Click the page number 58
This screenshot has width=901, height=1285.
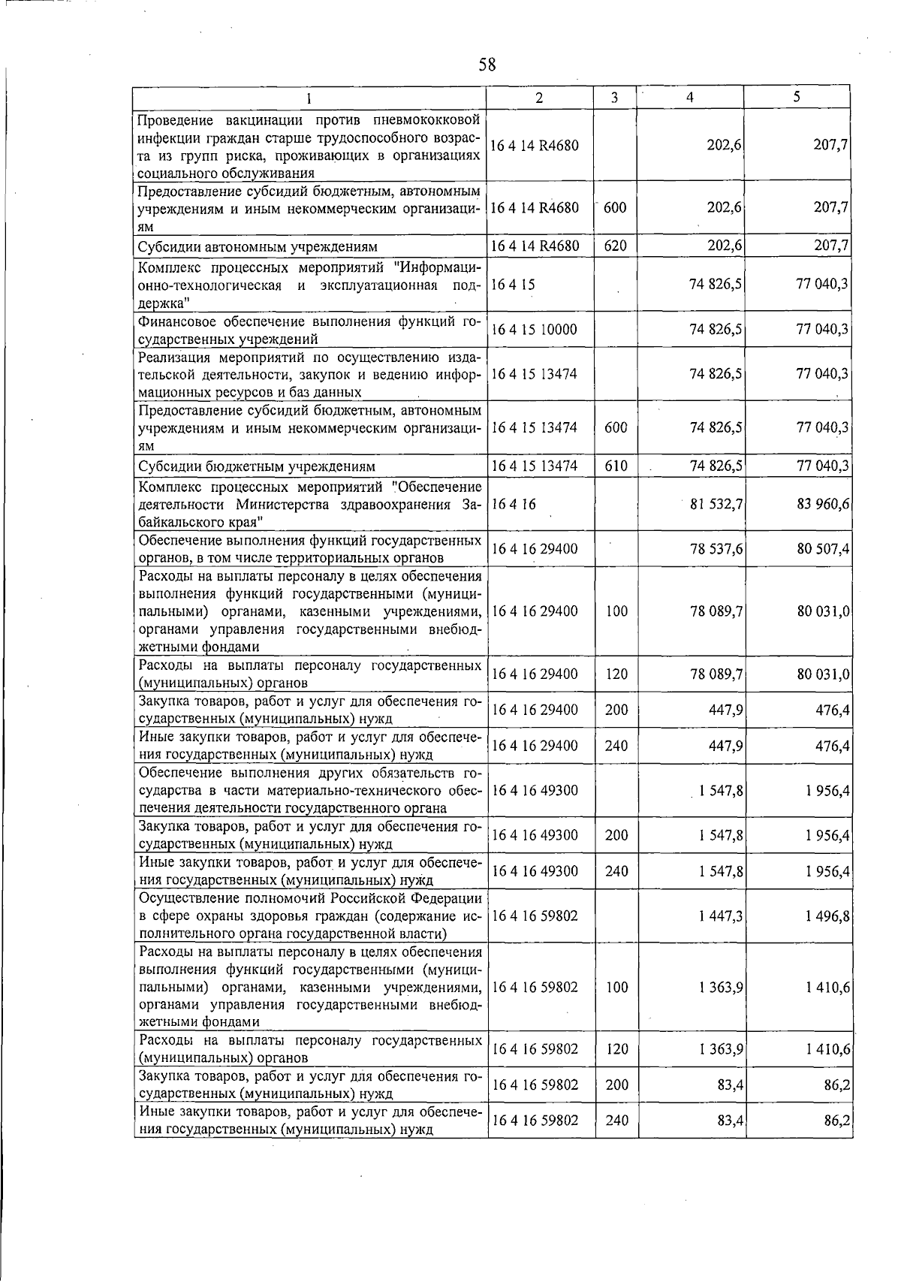point(487,65)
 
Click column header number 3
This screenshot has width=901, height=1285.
point(614,98)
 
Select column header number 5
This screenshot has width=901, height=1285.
point(797,97)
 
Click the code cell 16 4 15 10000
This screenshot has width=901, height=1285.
point(534,330)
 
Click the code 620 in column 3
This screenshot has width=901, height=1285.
point(615,246)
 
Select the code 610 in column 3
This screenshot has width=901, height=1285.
point(616,466)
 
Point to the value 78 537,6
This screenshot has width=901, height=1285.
point(717,549)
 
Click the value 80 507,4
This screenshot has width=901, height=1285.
point(823,549)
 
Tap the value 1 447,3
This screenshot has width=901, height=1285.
point(720,916)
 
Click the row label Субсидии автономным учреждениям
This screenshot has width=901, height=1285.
point(258,246)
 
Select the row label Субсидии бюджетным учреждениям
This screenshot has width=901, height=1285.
point(256,467)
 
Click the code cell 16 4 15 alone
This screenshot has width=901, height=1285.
point(514,285)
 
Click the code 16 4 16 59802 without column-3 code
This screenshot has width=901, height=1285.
point(535,916)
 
